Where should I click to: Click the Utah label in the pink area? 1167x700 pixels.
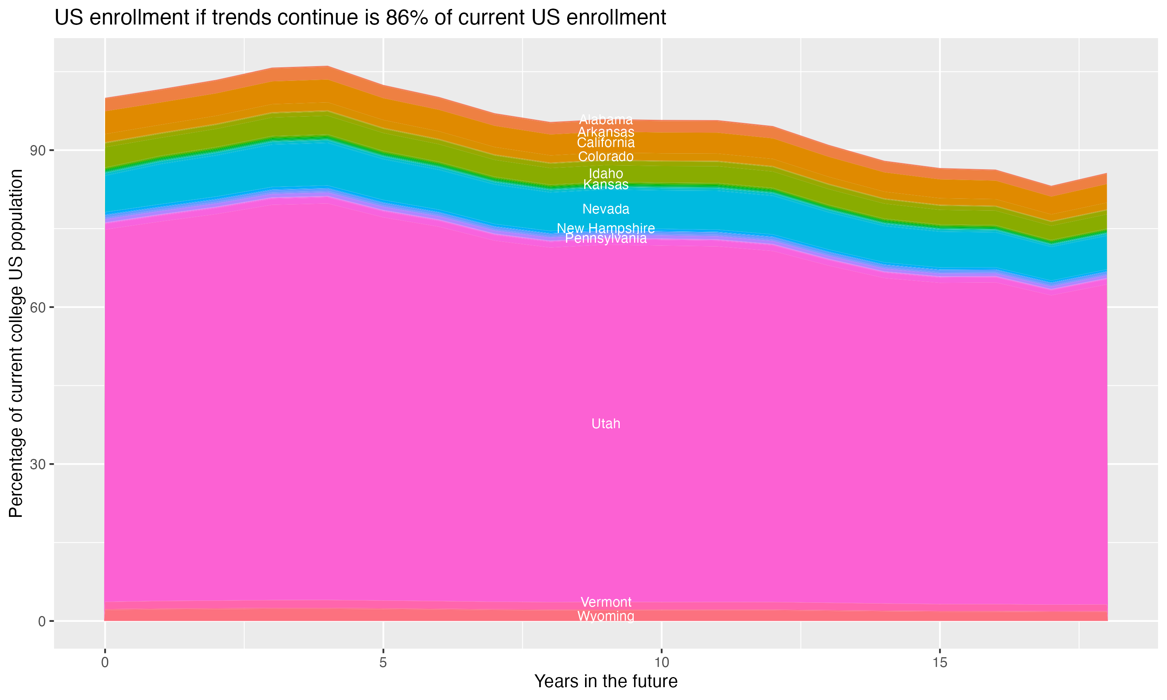(606, 423)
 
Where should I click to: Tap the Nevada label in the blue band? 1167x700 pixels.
(606, 209)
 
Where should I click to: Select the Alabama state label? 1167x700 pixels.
(606, 120)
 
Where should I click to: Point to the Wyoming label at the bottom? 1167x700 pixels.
(606, 616)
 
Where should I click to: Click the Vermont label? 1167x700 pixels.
(606, 602)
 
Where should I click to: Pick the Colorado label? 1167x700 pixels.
(606, 157)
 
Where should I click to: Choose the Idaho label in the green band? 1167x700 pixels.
(606, 173)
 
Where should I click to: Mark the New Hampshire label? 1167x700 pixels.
(606, 228)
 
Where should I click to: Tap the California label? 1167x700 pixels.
(606, 142)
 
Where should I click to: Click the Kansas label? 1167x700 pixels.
(606, 184)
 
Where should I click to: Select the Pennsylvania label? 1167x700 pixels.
(606, 239)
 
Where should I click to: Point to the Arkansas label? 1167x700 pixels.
(606, 132)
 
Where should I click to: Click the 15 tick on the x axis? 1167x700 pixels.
(940, 663)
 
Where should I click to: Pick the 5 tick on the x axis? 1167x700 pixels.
(383, 663)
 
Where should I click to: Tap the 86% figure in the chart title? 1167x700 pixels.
(405, 18)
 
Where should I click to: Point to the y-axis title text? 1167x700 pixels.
(16, 343)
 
